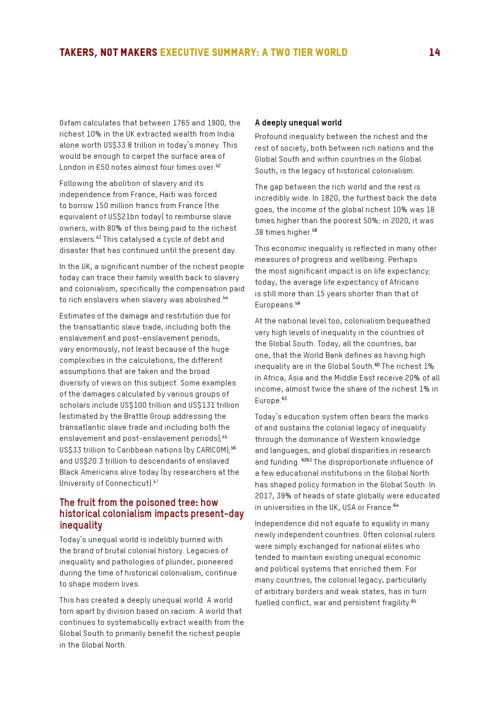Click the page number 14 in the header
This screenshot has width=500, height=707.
click(434, 53)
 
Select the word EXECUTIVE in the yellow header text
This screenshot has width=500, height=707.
click(184, 53)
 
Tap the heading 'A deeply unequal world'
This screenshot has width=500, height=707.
click(298, 123)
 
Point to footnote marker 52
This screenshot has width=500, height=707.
click(218, 166)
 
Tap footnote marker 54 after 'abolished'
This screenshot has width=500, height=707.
click(225, 298)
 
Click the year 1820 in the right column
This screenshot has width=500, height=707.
click(330, 198)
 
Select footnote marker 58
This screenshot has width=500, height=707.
click(315, 231)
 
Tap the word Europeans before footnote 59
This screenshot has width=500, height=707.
click(274, 305)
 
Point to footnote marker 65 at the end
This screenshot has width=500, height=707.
click(414, 601)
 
